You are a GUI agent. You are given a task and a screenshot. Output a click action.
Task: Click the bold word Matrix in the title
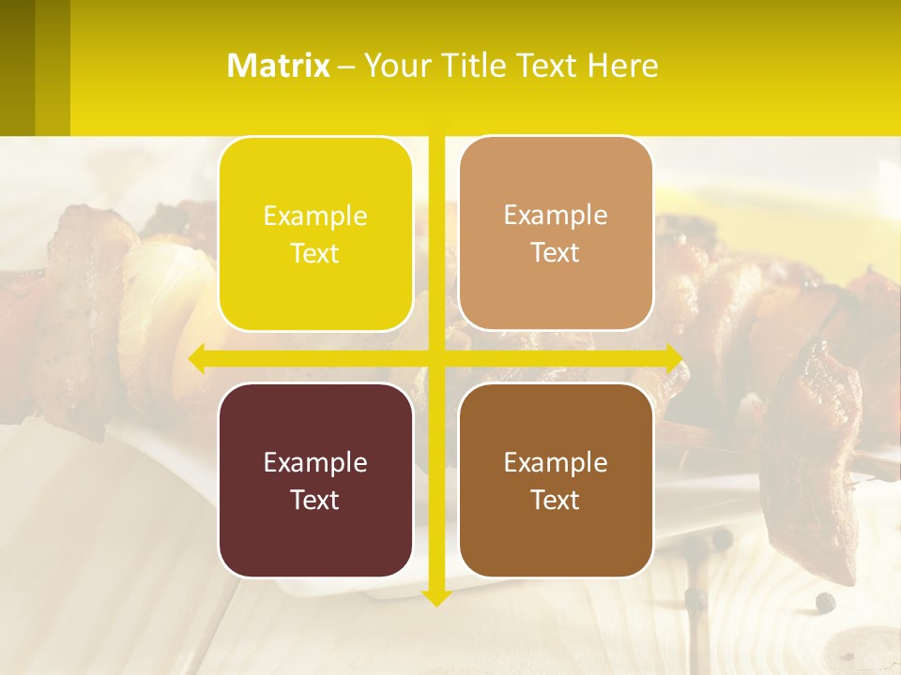point(279,66)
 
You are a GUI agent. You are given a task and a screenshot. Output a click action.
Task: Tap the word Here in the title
point(623,66)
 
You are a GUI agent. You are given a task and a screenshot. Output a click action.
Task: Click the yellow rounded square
point(315,234)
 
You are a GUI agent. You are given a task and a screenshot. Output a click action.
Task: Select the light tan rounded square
point(556,233)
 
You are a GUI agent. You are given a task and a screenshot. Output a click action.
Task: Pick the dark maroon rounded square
point(315,480)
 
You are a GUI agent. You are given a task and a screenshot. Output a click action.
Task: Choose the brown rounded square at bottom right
point(556,480)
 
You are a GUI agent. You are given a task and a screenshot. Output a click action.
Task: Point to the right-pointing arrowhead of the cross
point(675,358)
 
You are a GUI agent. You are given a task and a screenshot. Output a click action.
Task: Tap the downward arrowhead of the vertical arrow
point(435,596)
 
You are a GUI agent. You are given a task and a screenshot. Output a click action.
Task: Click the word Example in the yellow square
point(315,216)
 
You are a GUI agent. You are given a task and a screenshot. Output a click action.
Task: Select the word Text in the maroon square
point(315,500)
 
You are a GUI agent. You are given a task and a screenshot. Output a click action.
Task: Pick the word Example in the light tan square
point(556,215)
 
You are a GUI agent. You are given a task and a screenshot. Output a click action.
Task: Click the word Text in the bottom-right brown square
point(556,500)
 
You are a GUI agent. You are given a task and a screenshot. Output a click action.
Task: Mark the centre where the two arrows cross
point(435,358)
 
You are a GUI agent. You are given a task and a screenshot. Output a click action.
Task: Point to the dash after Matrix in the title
point(346,67)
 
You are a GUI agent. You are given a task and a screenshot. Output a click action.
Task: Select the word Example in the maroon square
point(315,462)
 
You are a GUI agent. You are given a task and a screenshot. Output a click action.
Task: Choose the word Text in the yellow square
point(315,253)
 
